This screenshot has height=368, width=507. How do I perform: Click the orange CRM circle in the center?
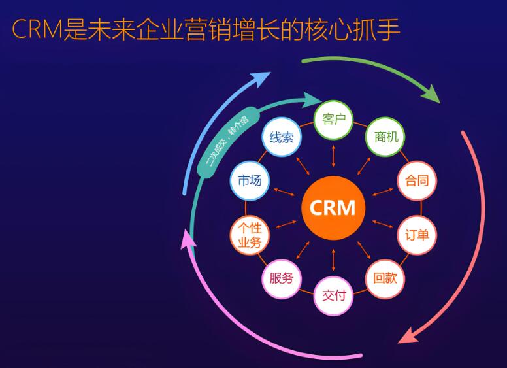[333, 208]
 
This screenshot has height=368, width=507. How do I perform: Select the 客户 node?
[333, 120]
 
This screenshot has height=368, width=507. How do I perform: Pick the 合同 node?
[417, 180]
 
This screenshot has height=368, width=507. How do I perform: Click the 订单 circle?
[417, 234]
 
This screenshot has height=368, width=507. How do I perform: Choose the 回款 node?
[385, 278]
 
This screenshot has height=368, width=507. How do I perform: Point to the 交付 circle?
[334, 295]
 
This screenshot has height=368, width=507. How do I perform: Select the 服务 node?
[281, 278]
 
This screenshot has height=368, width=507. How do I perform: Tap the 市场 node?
[249, 180]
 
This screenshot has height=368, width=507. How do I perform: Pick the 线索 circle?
[281, 137]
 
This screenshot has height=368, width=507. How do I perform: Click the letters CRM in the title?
[35, 29]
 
